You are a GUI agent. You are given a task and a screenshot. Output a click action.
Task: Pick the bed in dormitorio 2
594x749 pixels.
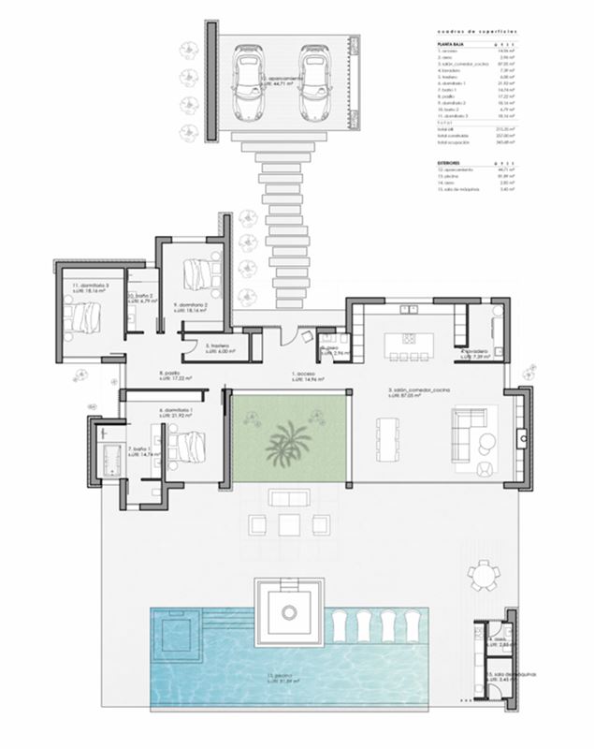[x=197, y=273]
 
